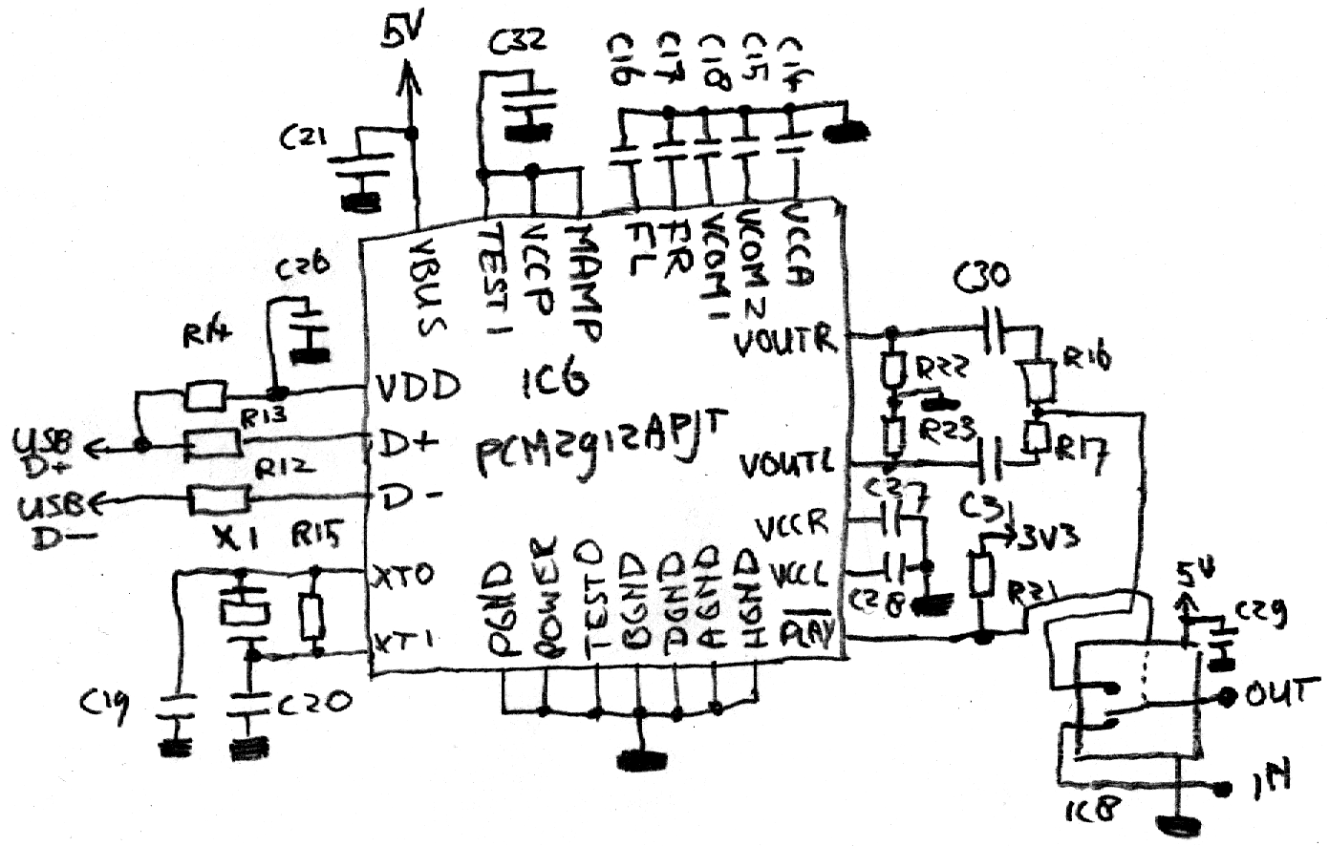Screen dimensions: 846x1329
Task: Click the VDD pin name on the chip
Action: (417, 386)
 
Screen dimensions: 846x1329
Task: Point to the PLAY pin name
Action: (808, 631)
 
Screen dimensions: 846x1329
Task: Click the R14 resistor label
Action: (203, 336)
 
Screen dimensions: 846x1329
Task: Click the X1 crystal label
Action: (233, 540)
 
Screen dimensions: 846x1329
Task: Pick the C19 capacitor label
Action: (102, 704)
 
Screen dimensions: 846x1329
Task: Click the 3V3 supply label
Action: (1050, 537)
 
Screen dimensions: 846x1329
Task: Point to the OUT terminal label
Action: (1275, 694)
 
